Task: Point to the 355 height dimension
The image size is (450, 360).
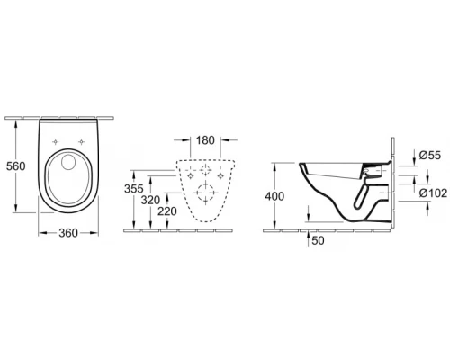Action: click(133, 189)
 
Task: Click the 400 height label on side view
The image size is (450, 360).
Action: click(276, 195)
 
